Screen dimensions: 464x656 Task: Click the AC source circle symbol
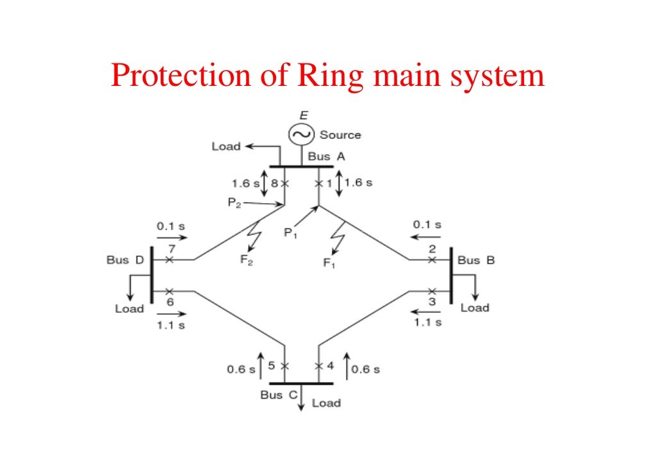[x=300, y=134]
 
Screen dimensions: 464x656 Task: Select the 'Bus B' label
[x=476, y=260]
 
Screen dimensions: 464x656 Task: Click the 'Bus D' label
[x=126, y=260]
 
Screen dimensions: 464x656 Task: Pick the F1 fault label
[x=329, y=263]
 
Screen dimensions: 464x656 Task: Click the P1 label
[x=290, y=234]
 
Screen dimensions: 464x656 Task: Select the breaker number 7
[x=172, y=248]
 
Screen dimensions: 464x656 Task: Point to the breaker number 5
[x=271, y=366]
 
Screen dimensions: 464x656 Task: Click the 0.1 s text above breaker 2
[x=427, y=225]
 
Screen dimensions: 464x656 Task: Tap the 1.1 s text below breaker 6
[x=170, y=325]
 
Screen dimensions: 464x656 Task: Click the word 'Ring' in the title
[x=329, y=76]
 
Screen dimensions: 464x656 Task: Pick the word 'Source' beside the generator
[x=340, y=135]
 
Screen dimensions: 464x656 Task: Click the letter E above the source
[x=304, y=115]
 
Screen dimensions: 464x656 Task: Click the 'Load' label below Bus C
[x=326, y=403]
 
